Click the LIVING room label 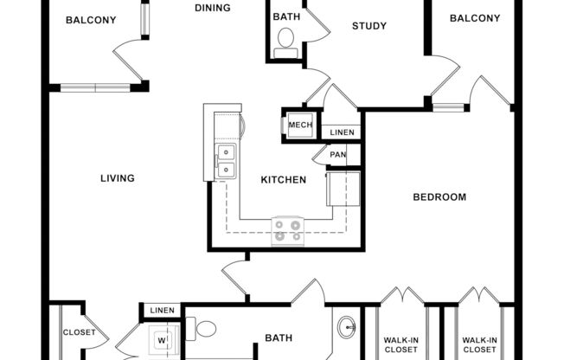[x=118, y=179]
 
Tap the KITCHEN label [x=284, y=180]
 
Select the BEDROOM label [x=439, y=197]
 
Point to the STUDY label [x=369, y=26]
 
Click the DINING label [x=213, y=9]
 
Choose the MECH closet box [x=300, y=125]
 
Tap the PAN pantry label [x=338, y=155]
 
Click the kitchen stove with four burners [x=288, y=230]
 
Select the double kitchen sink [x=225, y=161]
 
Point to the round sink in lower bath [x=347, y=327]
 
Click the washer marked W [x=161, y=340]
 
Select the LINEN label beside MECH [x=342, y=132]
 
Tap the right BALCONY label [x=475, y=18]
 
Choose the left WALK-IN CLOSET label [x=401, y=344]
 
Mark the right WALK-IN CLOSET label [x=479, y=344]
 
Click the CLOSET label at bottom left [x=78, y=332]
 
